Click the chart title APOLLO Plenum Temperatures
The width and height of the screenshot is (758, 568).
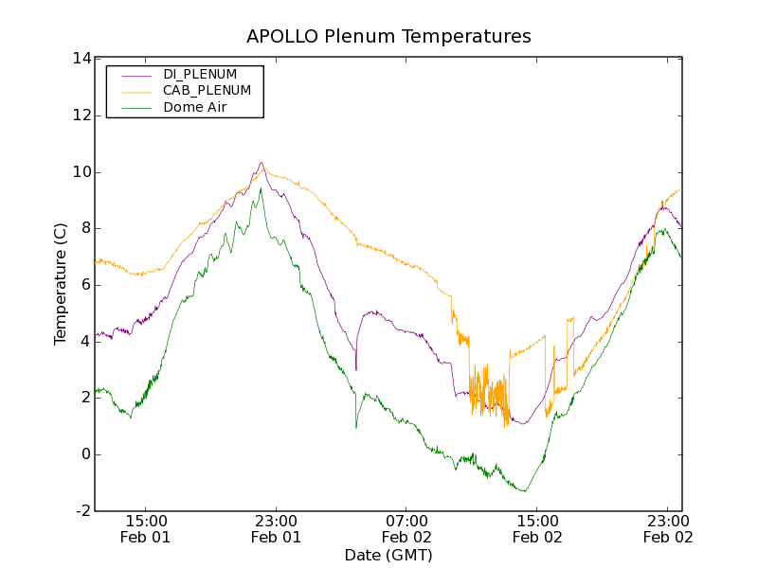click(388, 37)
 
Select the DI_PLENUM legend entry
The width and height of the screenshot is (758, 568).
click(200, 74)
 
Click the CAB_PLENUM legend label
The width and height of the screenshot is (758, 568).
click(207, 91)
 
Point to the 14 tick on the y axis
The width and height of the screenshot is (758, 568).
click(81, 59)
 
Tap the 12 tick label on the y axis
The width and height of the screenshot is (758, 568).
click(81, 115)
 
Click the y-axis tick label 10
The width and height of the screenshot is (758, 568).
click(81, 172)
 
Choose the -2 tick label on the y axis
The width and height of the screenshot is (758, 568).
click(82, 511)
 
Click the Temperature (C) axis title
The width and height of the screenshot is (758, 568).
click(61, 284)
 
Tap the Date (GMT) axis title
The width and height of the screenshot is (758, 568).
click(388, 556)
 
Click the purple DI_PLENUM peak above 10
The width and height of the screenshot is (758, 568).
click(261, 163)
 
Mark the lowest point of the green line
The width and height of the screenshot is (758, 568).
click(523, 490)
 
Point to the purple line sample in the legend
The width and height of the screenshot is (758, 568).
click(134, 74)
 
